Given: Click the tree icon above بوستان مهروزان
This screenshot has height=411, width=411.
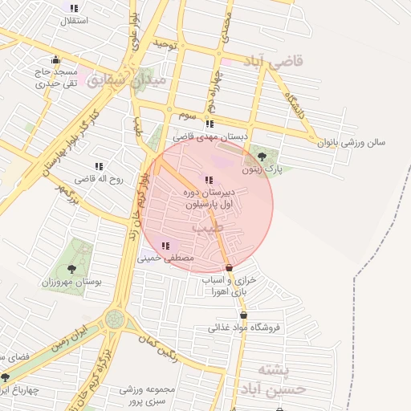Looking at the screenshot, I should (72, 269).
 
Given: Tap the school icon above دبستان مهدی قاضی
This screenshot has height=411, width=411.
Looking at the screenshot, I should (210, 124).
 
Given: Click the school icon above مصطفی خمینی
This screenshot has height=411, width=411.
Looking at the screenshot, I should (165, 246).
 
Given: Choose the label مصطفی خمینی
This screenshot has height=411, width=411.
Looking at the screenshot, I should (165, 259).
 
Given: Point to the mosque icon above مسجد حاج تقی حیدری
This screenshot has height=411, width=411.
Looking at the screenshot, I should (55, 59).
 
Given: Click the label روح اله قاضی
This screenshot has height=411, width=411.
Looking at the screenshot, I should (100, 180).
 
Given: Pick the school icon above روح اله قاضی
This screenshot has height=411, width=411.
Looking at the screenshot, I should (99, 167).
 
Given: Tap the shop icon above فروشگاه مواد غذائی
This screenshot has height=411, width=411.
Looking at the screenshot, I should (243, 315).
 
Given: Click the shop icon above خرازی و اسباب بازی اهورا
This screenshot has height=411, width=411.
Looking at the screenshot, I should (230, 267).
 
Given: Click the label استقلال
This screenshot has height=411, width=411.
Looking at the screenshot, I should (75, 20).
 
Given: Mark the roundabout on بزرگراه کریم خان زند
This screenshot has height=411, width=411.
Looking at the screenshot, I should (114, 319).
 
